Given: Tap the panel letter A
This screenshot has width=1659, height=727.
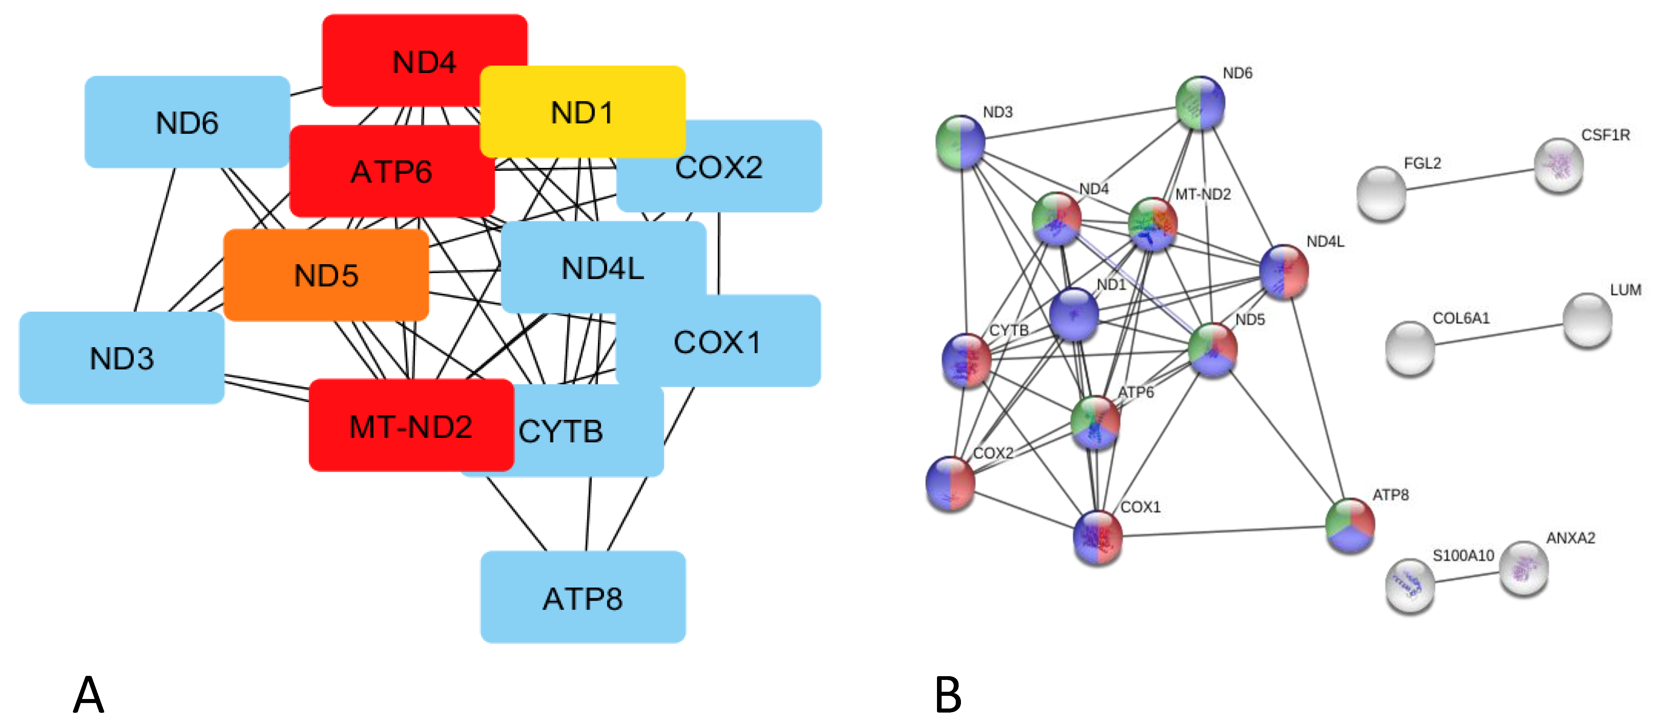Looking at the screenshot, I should coord(88,695).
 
